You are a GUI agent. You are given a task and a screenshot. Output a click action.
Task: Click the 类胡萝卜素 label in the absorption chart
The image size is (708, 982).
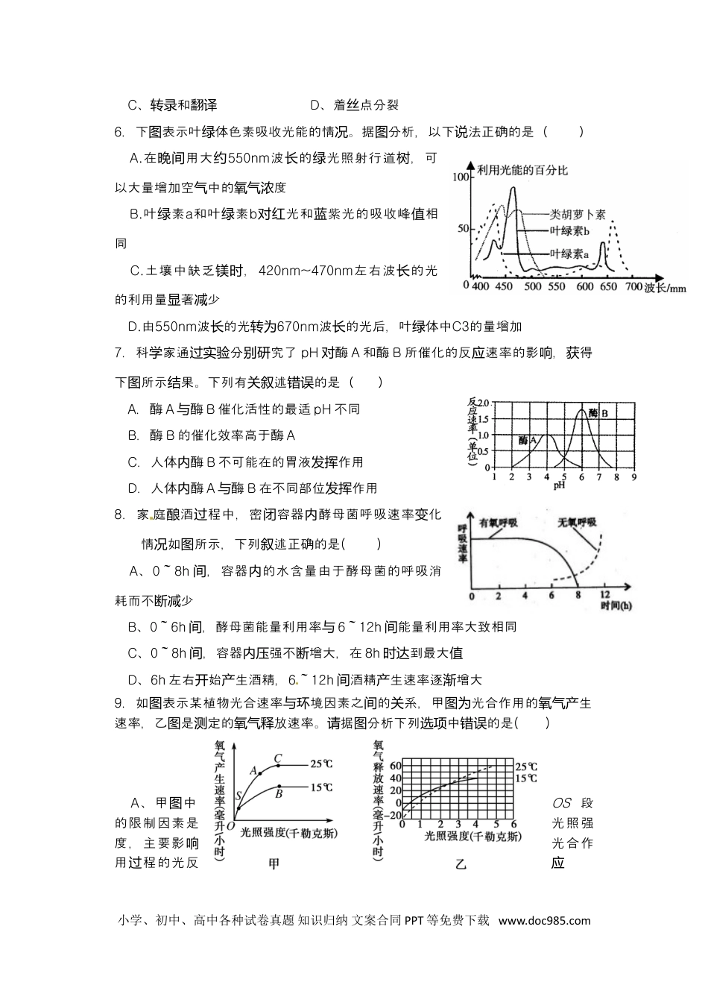[x=578, y=215]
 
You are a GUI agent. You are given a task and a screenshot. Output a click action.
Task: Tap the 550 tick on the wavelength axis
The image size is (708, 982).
[x=556, y=287]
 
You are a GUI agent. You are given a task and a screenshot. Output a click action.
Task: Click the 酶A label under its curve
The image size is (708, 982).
[x=528, y=440]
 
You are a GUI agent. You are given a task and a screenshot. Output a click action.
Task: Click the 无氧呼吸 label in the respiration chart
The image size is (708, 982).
[x=578, y=522]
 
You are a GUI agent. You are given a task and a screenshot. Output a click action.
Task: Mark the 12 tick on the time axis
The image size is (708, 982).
[x=605, y=595]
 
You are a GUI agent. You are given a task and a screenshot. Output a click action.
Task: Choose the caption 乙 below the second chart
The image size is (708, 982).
[x=461, y=864]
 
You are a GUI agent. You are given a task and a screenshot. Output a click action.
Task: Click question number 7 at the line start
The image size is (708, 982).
[x=118, y=353]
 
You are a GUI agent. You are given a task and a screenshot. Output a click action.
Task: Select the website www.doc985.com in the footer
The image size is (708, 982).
[x=544, y=920]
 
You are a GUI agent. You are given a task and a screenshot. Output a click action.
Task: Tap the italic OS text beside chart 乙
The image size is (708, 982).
[x=561, y=803]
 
